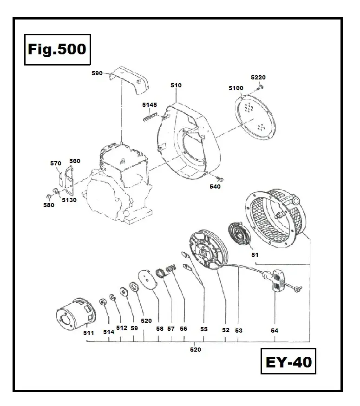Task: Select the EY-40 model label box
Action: tap(288, 361)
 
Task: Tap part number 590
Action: tap(98, 73)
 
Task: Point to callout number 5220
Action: tap(258, 78)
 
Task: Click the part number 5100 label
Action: tap(236, 88)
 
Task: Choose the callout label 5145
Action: tap(150, 105)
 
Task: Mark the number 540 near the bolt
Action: tap(215, 187)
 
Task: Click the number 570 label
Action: tap(56, 163)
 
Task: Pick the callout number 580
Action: tap(48, 205)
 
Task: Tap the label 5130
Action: tap(68, 200)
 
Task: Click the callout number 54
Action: tap(275, 330)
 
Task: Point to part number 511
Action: tap(89, 333)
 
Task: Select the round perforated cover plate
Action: tap(253, 117)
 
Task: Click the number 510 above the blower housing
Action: tap(176, 85)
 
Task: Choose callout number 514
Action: tap(109, 332)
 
